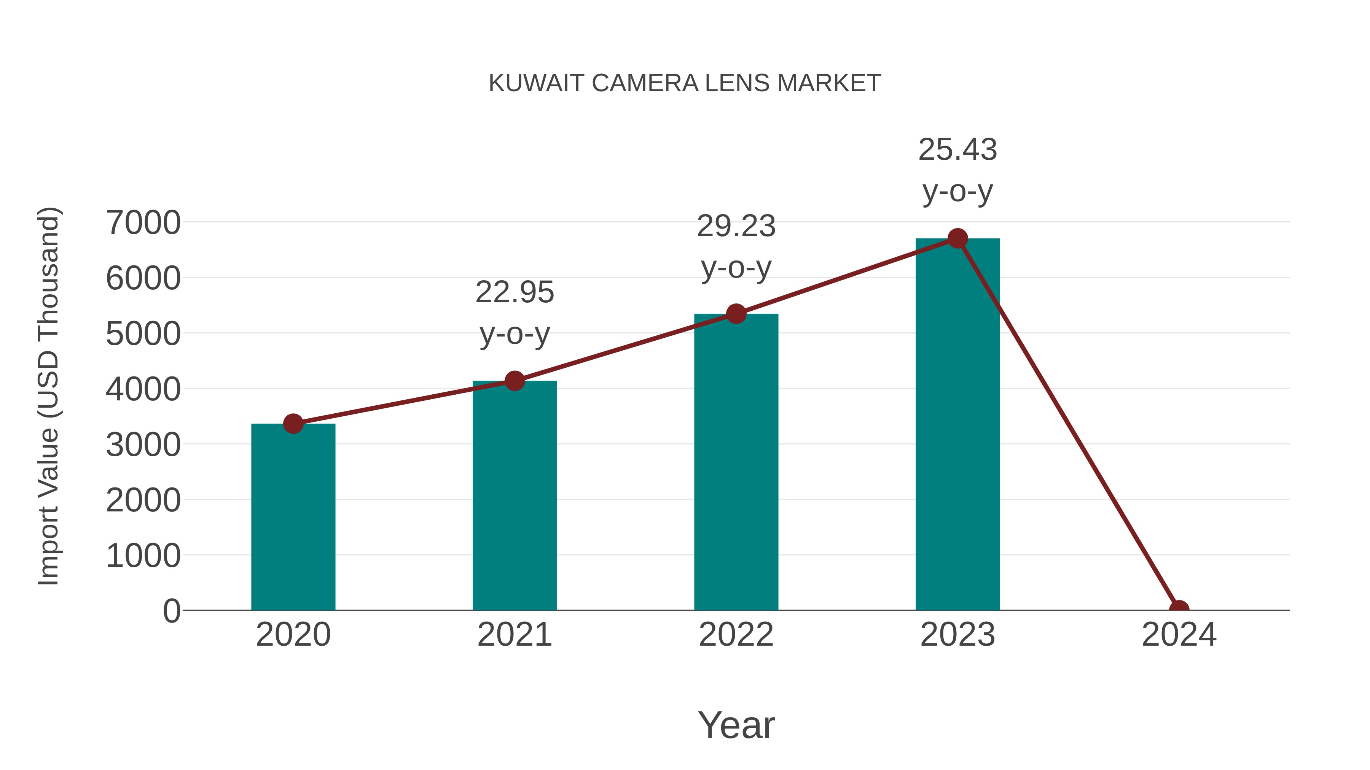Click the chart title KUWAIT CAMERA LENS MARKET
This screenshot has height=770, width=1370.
[x=685, y=83]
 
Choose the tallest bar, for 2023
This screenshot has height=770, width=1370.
[x=957, y=425]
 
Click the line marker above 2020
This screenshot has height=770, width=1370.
[x=293, y=424]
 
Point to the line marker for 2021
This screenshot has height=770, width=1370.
[x=514, y=381]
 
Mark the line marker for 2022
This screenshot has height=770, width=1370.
[x=736, y=314]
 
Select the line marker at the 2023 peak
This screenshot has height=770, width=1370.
[x=957, y=238]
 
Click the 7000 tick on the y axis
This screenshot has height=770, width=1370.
[x=143, y=223]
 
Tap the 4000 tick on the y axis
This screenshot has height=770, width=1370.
[x=143, y=389]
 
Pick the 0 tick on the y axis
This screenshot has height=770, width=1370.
[x=171, y=611]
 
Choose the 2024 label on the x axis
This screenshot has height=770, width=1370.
[x=1179, y=635]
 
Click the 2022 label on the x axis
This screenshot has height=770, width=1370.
[x=736, y=635]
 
